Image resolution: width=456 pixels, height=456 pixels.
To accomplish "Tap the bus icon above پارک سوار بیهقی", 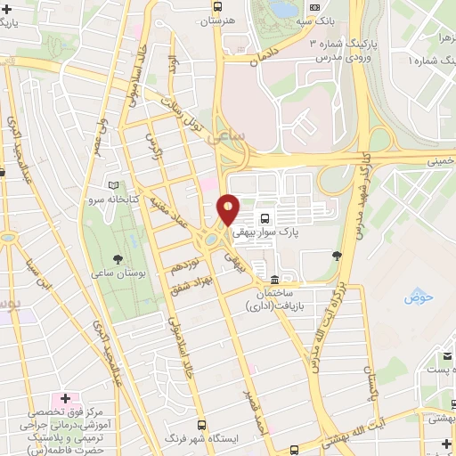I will (x=265, y=217).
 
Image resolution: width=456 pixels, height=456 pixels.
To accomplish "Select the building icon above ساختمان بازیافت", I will (x=275, y=280).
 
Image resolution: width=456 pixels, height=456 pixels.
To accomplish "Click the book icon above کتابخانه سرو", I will (x=112, y=186).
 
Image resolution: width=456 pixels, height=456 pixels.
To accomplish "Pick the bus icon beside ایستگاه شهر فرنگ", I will (x=202, y=425).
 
